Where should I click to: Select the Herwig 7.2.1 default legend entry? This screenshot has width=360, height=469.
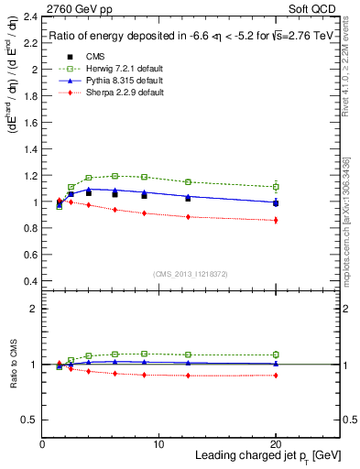tap(118, 68)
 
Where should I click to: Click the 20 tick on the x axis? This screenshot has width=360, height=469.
tap(275, 444)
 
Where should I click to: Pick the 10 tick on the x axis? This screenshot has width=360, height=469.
tap(158, 444)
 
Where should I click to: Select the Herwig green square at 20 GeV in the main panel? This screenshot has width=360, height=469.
tap(275, 187)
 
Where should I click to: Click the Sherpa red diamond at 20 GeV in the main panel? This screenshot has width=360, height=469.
tap(275, 220)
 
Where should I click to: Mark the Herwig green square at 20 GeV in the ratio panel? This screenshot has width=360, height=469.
tap(275, 354)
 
